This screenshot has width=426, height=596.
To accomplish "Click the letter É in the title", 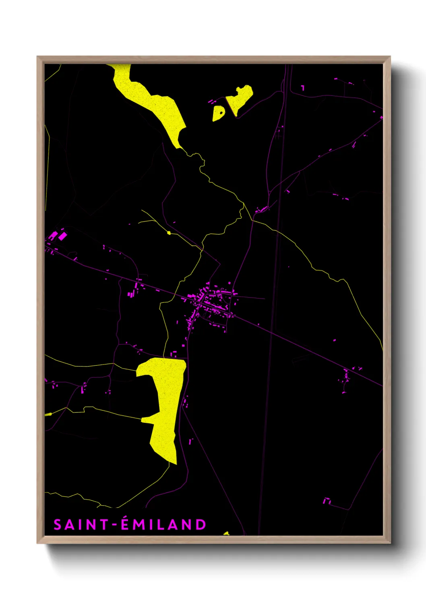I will [125, 524].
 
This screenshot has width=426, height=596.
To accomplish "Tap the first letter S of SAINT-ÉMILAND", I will [58, 525].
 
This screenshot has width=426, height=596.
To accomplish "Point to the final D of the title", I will [201, 525].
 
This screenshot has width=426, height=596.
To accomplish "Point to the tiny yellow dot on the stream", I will [169, 233].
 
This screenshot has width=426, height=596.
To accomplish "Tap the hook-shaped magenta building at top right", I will [303, 87].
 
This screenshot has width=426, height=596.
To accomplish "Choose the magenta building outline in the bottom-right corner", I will [327, 501].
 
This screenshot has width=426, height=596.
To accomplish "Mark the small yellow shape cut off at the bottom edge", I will [226, 534].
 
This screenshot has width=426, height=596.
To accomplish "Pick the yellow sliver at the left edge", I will [48, 414].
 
